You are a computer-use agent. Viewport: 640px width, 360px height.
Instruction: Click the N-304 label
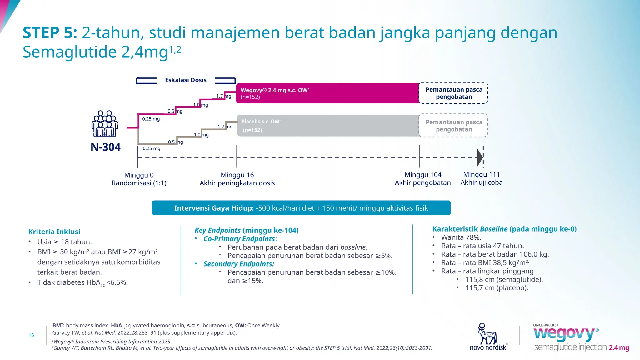(105, 147)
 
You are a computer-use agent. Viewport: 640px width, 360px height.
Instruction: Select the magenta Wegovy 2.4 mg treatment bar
(327, 93)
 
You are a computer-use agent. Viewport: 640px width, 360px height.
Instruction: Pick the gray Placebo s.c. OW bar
(327, 126)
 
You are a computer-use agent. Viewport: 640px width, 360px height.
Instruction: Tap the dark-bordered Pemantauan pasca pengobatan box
(453, 93)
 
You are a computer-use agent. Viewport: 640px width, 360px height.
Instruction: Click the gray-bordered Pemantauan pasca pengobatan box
(453, 126)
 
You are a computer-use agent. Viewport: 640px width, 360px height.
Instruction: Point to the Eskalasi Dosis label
(186, 80)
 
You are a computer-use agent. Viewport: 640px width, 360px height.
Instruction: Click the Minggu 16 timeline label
(237, 175)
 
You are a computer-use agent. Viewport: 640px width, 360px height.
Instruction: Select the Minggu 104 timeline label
(422, 175)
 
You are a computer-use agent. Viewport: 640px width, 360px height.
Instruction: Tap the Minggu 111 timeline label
(481, 174)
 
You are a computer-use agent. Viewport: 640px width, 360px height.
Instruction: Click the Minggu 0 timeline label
(139, 175)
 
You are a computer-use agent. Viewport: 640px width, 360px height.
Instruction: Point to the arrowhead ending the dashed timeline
(480, 157)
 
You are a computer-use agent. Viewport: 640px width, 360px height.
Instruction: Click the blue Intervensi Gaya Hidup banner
(301, 208)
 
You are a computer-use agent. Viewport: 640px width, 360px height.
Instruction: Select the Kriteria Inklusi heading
(54, 232)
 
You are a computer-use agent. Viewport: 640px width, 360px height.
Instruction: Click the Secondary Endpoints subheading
(239, 264)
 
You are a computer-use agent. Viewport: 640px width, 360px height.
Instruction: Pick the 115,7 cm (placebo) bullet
(496, 288)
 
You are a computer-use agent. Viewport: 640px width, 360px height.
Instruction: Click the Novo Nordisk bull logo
(487, 334)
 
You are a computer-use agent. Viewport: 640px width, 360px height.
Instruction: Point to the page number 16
(31, 335)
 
